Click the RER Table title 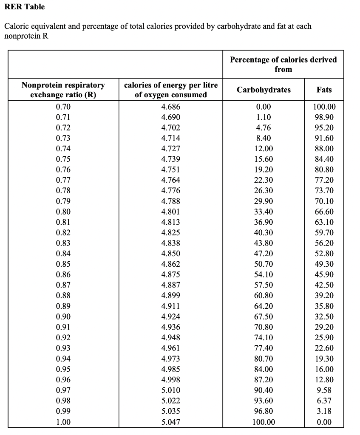pos(24,7)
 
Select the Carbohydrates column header pos(264,90)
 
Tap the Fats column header pos(324,90)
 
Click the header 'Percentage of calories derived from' pos(283,64)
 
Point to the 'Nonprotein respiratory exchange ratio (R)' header pos(63,90)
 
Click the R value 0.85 pos(63,264)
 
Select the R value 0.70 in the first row pos(63,107)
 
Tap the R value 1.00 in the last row pos(63,422)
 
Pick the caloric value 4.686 pos(171,107)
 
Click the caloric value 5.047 pos(171,422)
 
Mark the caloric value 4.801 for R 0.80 pos(171,212)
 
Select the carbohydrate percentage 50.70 pos(264,264)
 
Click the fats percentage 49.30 pos(324,264)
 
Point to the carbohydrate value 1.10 pos(264,117)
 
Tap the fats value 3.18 pos(324,411)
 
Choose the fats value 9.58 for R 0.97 pos(324,390)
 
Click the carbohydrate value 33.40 pos(264,212)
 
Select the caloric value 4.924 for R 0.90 pos(171,317)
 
